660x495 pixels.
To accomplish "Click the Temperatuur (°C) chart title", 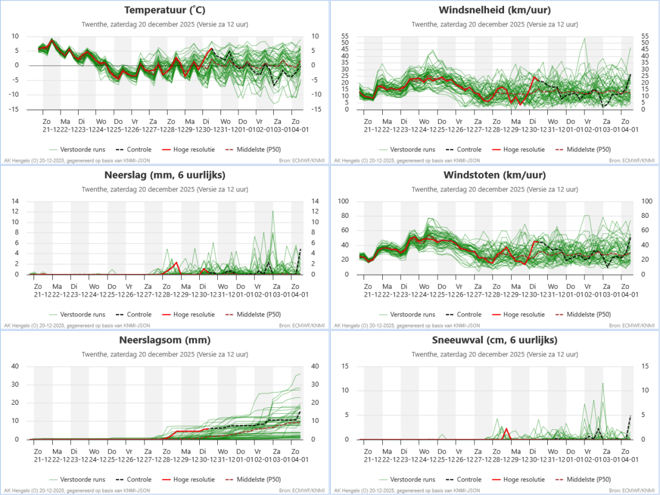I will (164, 10).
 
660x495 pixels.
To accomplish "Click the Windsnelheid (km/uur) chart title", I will (494, 10).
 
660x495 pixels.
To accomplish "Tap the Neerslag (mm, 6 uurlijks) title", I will (164, 175).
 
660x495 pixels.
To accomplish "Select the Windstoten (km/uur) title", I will (494, 175).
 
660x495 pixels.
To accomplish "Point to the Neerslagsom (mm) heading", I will (164, 340).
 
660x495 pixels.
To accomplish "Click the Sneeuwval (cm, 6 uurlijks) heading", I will (494, 340).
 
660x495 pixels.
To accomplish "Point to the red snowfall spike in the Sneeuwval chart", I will (506, 429).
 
